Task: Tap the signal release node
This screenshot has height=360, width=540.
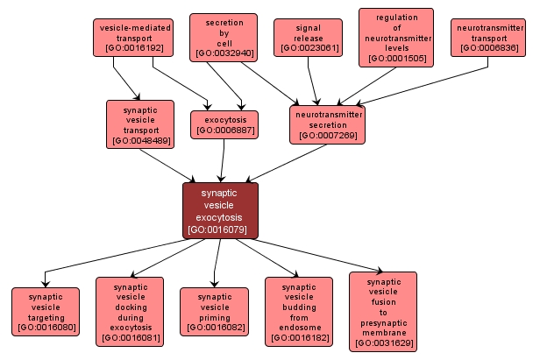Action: click(x=308, y=38)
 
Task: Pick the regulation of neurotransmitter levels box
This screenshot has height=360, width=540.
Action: click(x=396, y=38)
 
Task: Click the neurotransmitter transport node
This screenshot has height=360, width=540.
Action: click(x=489, y=38)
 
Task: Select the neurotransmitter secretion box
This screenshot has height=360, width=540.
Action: click(x=326, y=124)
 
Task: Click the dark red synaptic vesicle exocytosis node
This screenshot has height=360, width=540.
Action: click(x=220, y=210)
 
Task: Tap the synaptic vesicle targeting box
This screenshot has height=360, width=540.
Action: click(x=46, y=312)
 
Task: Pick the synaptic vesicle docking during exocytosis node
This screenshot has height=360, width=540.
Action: click(x=130, y=312)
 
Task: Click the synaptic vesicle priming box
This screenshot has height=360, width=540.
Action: click(x=214, y=312)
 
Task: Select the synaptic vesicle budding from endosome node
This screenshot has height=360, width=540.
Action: click(x=299, y=312)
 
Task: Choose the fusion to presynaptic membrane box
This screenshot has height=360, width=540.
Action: click(x=383, y=311)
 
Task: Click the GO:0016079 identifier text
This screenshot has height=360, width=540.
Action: click(x=220, y=229)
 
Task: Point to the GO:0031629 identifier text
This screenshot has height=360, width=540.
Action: click(x=383, y=342)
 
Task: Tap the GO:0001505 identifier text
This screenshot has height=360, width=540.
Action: click(x=396, y=59)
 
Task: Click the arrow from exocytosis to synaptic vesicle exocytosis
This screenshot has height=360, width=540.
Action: click(x=223, y=160)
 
